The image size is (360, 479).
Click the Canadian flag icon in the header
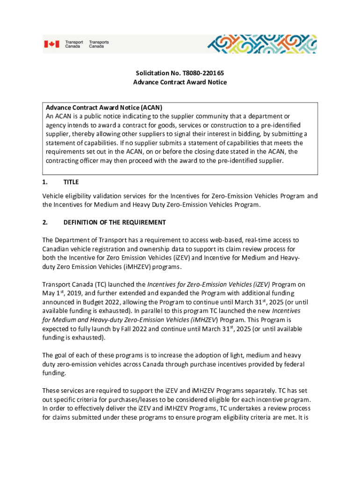point(52,44)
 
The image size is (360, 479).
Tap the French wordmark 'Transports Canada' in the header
point(99,44)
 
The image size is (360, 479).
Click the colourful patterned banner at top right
point(262,44)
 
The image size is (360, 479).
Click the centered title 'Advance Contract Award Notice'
point(180,82)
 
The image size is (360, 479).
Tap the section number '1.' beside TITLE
point(45,182)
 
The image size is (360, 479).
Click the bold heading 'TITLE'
point(71,182)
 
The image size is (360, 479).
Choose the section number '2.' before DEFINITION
point(45,222)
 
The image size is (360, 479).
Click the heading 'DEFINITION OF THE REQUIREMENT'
point(115,222)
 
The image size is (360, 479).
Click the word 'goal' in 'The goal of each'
point(62,355)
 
